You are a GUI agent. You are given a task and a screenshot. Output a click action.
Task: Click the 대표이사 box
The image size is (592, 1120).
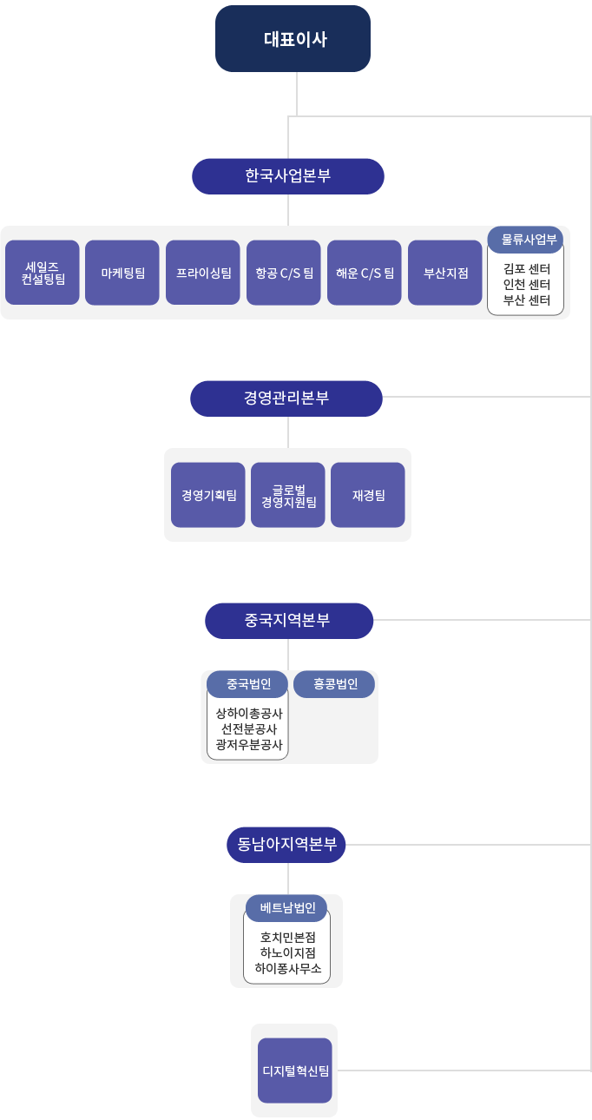tap(293, 39)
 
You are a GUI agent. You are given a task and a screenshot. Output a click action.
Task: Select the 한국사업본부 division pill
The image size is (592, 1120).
tap(288, 176)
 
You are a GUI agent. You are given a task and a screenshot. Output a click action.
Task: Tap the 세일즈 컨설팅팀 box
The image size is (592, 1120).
tap(43, 273)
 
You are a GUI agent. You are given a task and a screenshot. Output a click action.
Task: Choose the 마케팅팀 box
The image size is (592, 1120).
tap(122, 273)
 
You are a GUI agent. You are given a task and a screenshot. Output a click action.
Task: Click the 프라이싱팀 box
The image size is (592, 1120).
tap(203, 273)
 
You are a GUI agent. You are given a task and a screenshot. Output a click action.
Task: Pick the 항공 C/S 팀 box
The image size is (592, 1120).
tap(284, 273)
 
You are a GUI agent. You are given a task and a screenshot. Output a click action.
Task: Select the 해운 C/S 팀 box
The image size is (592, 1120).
tap(365, 273)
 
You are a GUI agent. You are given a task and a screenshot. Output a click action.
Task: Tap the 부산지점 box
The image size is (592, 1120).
tap(445, 273)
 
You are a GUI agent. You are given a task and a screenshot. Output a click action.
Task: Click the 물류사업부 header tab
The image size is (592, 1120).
tap(525, 240)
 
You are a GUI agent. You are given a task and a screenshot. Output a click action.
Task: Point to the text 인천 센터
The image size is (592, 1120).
tap(527, 285)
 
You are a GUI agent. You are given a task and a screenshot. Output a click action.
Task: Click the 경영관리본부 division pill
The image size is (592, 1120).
tap(286, 399)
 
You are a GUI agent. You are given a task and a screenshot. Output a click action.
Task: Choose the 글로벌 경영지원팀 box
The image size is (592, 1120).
tap(288, 495)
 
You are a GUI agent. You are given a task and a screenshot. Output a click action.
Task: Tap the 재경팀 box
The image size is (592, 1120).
tap(368, 495)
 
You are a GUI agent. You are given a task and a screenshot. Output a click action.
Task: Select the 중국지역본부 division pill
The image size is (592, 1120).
tap(289, 621)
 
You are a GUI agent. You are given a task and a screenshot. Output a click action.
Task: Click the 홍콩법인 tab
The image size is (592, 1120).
tap(334, 684)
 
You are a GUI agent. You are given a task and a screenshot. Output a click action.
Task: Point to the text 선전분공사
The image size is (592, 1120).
tap(249, 729)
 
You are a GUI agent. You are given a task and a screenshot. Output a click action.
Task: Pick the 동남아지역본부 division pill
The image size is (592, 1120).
tap(286, 845)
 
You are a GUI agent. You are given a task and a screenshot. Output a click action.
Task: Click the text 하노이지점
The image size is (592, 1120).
tap(288, 953)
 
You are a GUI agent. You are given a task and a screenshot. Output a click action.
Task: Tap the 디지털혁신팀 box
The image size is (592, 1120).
tap(295, 1071)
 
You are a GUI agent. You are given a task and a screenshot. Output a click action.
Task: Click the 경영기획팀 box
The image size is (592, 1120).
tap(208, 495)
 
